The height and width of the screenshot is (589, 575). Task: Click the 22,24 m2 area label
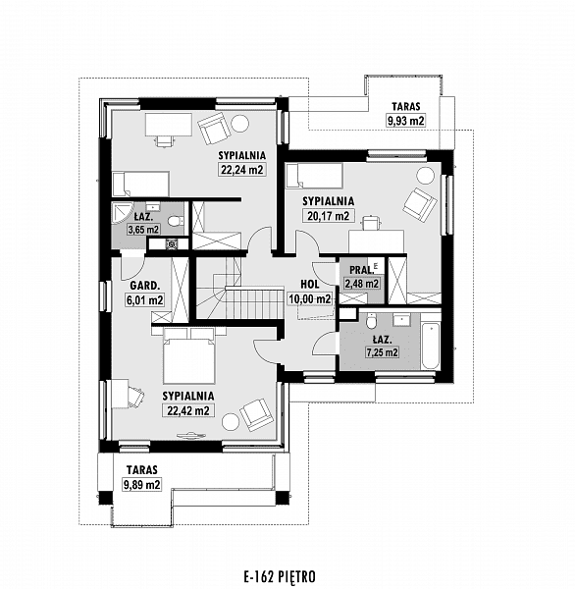click(242, 170)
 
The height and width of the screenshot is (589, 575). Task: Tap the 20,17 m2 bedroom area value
click(329, 216)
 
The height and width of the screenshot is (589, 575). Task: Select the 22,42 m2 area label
click(188, 410)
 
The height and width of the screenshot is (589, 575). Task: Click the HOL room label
click(310, 285)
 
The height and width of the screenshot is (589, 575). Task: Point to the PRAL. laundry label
click(362, 270)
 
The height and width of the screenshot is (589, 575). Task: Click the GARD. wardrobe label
click(145, 286)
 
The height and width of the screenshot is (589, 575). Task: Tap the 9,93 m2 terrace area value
click(406, 121)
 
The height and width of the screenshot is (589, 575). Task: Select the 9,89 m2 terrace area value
click(141, 484)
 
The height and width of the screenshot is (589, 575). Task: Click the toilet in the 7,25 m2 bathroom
click(372, 320)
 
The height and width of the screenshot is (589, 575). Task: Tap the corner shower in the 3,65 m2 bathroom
click(123, 213)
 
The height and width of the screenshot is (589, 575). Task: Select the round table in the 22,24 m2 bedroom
click(239, 123)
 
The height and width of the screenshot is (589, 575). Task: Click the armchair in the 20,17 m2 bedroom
click(420, 204)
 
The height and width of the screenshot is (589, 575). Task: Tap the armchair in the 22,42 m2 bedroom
click(257, 414)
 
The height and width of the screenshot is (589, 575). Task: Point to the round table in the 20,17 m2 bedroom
click(425, 176)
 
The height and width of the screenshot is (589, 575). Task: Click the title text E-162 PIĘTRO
click(280, 576)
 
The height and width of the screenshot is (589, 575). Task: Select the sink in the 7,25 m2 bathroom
click(402, 319)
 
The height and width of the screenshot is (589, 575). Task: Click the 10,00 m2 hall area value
click(310, 299)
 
